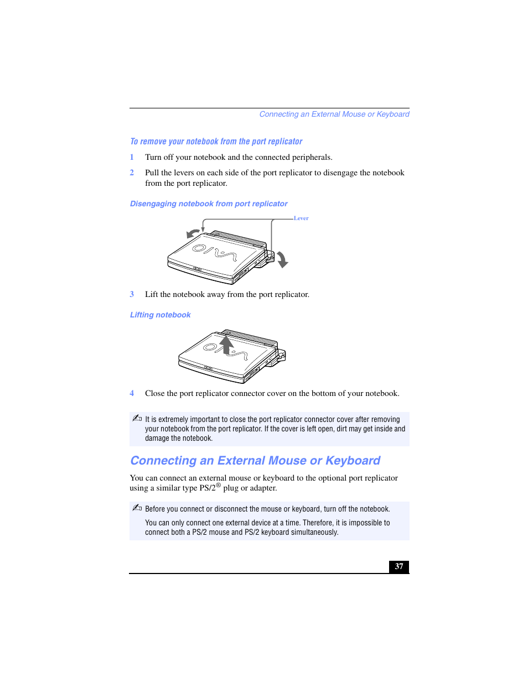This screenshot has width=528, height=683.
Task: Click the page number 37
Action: pyautogui.click(x=398, y=566)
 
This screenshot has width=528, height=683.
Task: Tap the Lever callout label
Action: pyautogui.click(x=301, y=218)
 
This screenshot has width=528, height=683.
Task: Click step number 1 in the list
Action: pyautogui.click(x=132, y=157)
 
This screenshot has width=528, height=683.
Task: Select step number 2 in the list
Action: pyautogui.click(x=132, y=173)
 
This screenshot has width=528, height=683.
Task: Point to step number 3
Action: pyautogui.click(x=132, y=294)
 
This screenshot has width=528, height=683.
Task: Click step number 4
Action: pyautogui.click(x=132, y=393)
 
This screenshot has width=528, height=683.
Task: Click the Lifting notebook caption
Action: pyautogui.click(x=160, y=315)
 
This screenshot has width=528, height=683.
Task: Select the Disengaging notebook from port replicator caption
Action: pyautogui.click(x=209, y=204)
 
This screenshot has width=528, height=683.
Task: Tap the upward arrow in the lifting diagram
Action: pyautogui.click(x=226, y=345)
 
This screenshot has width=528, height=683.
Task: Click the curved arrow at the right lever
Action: pyautogui.click(x=283, y=259)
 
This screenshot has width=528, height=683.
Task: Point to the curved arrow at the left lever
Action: pyautogui.click(x=193, y=233)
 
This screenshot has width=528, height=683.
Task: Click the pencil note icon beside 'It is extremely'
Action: pyautogui.click(x=137, y=418)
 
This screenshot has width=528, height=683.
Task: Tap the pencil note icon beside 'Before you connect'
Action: pyautogui.click(x=137, y=508)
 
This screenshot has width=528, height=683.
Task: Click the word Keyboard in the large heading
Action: pyautogui.click(x=353, y=461)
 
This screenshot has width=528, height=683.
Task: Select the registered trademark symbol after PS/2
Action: pyautogui.click(x=218, y=485)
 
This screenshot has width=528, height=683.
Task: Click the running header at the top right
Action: pyautogui.click(x=334, y=114)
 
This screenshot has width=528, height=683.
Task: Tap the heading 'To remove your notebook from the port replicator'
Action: pyautogui.click(x=216, y=142)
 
